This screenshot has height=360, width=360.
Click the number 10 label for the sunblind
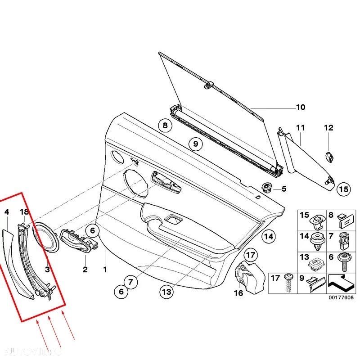[x=300, y=107]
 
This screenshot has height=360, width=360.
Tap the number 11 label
[x=300, y=128]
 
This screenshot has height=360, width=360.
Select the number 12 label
[x=328, y=128]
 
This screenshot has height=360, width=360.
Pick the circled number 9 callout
[x=195, y=144]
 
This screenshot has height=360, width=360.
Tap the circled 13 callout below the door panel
[x=166, y=292]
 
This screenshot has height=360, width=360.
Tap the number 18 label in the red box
[x=24, y=211]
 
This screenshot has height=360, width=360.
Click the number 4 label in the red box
[x=6, y=211]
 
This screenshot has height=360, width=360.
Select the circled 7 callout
[x=130, y=283]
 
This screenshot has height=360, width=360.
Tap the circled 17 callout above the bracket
[x=250, y=256]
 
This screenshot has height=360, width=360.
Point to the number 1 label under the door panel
[x=105, y=270]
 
